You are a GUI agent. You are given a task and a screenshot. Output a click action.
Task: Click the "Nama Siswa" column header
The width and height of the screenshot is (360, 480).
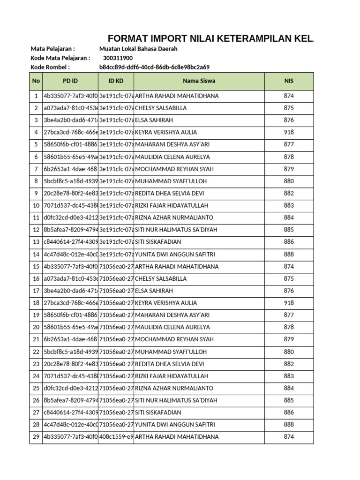tap(199, 81)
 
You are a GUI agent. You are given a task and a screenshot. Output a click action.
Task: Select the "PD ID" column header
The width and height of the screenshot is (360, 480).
tap(70, 81)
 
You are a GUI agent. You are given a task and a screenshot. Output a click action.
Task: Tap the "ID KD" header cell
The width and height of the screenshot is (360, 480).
tap(116, 81)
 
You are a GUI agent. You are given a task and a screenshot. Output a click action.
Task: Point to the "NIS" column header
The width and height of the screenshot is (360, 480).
tap(289, 81)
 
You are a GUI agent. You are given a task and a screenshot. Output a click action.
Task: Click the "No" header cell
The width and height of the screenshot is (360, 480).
tap(36, 81)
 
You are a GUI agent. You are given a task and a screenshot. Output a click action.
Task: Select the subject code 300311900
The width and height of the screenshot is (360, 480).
tap(118, 58)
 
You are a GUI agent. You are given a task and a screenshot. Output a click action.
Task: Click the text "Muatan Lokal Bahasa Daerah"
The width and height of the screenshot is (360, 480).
tap(138, 49)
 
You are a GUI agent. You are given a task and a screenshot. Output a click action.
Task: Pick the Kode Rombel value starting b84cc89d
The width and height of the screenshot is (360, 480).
tap(154, 67)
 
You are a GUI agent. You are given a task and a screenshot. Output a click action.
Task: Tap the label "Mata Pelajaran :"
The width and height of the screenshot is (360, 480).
tap(52, 49)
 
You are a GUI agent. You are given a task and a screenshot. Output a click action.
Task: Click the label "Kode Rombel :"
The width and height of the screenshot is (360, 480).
tap(50, 67)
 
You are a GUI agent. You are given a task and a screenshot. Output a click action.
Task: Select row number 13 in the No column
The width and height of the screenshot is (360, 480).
tap(36, 242)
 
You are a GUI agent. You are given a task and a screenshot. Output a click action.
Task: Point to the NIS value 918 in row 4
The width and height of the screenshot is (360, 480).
tap(289, 132)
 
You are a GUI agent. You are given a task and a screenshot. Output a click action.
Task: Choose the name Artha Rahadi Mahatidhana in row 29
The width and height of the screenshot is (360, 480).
tap(177, 437)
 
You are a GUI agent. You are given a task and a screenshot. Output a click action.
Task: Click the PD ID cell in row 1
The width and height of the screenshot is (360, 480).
tap(70, 96)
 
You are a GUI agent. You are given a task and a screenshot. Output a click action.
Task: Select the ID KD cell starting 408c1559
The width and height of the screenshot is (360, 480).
tap(116, 437)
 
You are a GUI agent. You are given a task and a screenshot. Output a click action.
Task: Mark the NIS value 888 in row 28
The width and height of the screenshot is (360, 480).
tap(289, 425)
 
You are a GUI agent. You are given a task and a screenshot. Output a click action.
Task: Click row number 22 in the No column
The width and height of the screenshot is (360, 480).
tap(36, 352)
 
